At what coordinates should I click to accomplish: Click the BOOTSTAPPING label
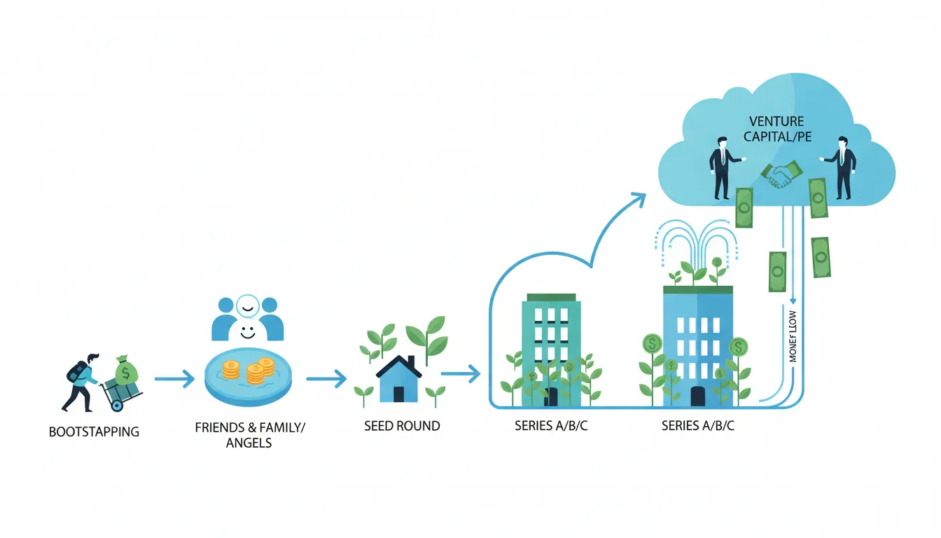[94, 432]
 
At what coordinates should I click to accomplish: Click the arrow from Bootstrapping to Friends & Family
[174, 380]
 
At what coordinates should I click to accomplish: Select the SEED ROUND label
[402, 425]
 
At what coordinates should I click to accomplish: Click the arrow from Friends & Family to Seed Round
[326, 380]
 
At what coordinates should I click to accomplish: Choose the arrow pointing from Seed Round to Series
[461, 375]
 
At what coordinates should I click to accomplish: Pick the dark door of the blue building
[697, 396]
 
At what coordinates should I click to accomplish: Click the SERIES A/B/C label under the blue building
[698, 425]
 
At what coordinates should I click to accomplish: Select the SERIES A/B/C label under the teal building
[550, 425]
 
